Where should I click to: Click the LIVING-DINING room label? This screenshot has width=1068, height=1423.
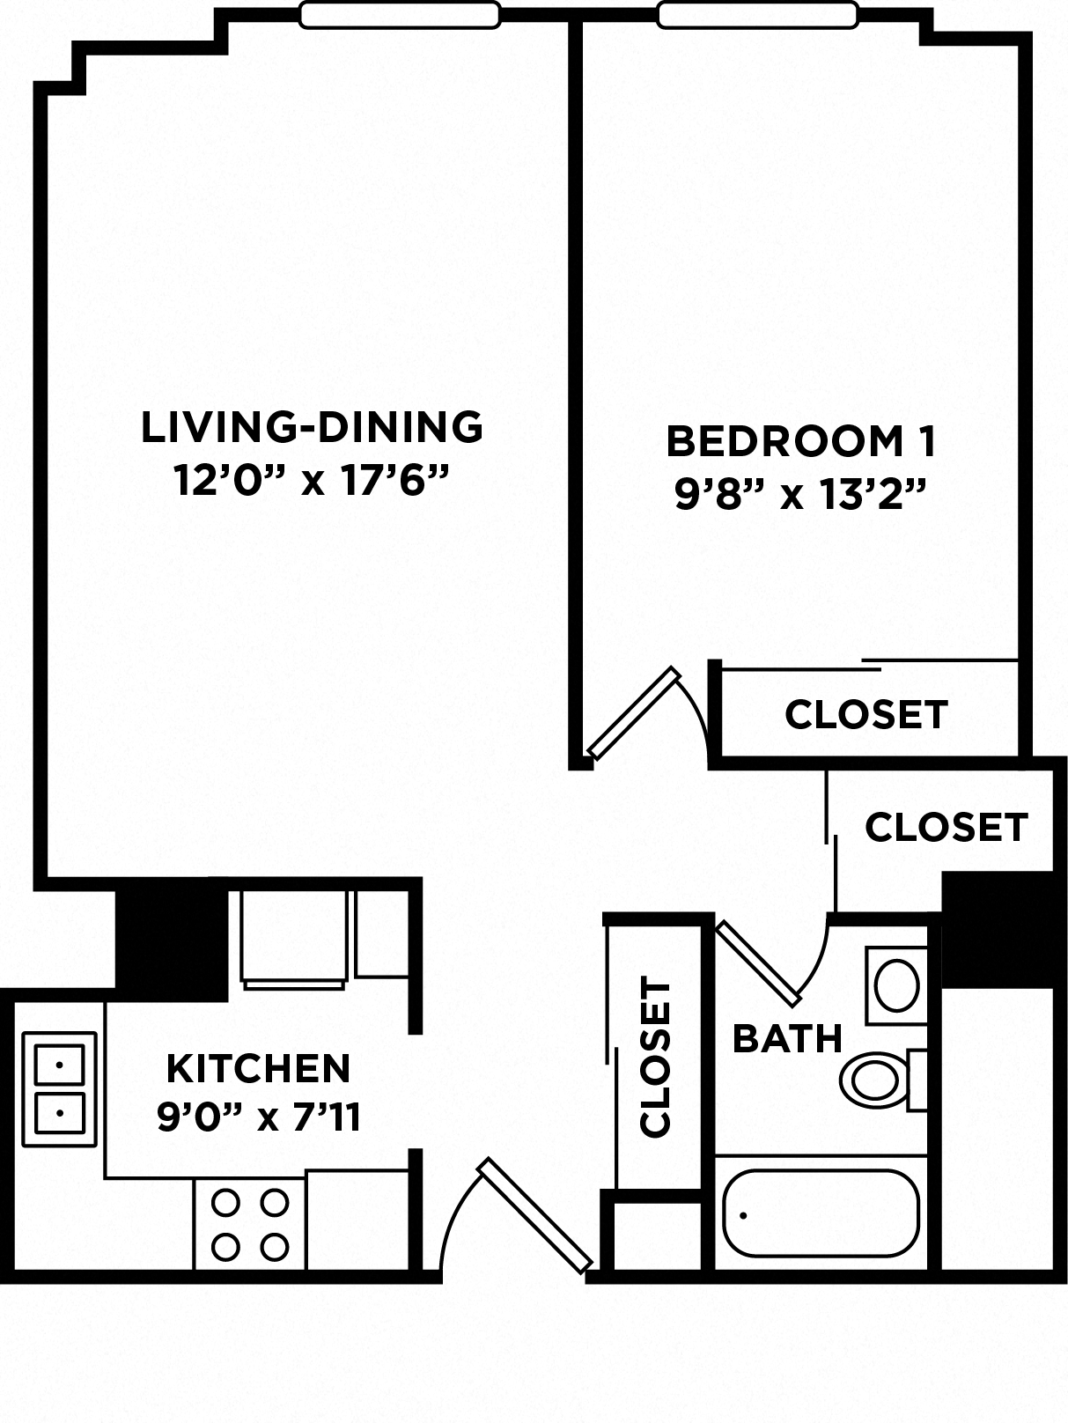[312, 427]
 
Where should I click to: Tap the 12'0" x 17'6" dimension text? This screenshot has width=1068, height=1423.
[312, 481]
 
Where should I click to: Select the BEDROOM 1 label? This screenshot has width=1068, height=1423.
[800, 441]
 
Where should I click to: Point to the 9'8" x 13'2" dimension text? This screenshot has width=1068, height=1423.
[800, 495]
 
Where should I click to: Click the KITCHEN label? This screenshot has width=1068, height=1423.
[259, 1068]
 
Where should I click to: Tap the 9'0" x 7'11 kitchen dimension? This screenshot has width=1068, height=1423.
[259, 1117]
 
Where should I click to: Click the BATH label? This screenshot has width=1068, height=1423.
[787, 1039]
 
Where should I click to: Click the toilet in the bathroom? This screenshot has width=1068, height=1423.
[876, 1079]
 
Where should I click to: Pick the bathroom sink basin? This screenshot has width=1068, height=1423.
[896, 984]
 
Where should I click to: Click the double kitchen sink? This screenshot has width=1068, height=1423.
[59, 1088]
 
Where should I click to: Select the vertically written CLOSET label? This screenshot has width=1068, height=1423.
[655, 1057]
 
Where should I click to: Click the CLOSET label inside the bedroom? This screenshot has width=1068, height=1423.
[865, 714]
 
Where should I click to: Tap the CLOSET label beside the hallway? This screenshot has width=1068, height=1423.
[946, 827]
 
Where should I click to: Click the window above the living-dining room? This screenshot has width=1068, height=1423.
[399, 14]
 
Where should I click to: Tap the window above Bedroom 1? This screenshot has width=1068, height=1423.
[757, 14]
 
